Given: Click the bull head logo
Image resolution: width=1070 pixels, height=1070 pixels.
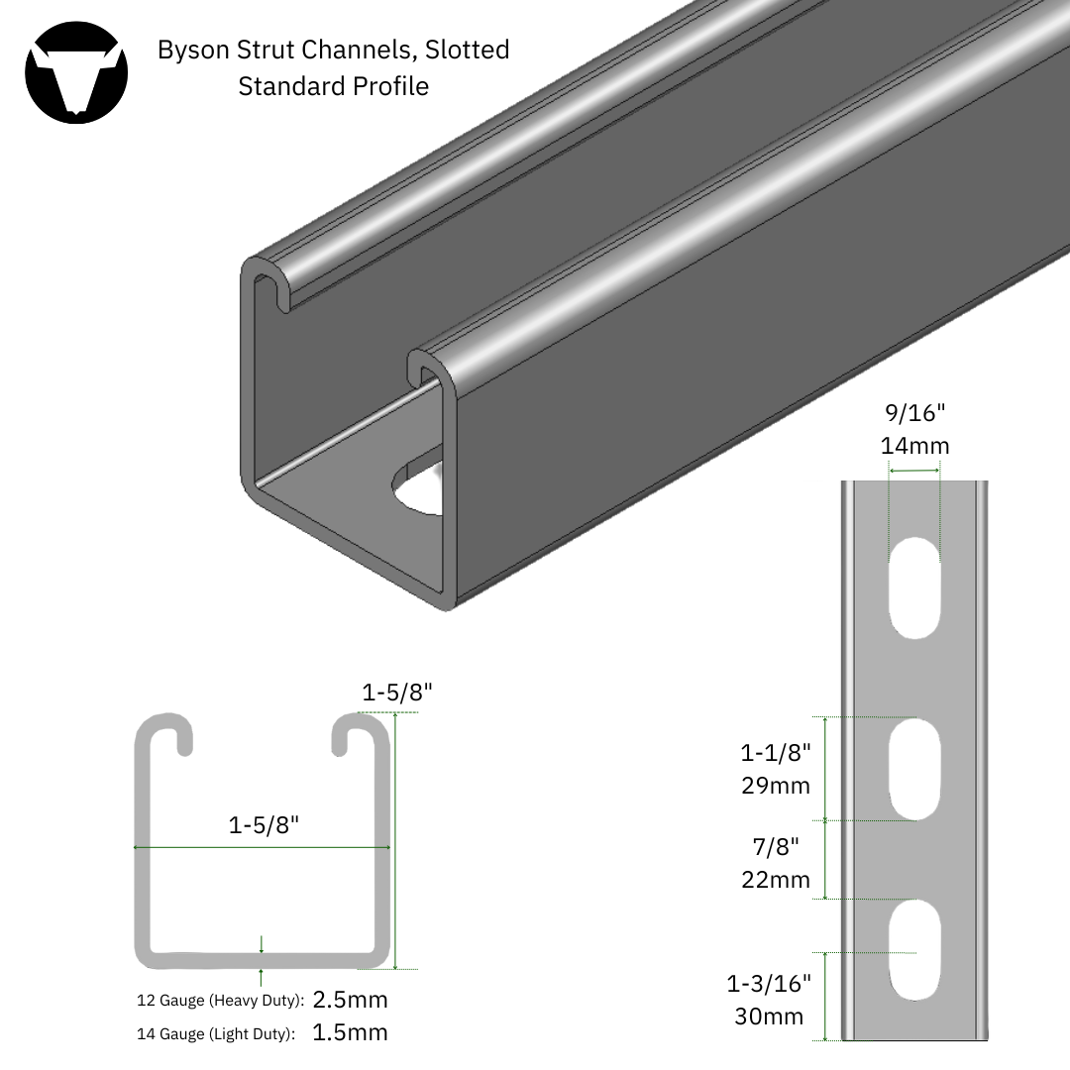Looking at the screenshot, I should pos(76,72).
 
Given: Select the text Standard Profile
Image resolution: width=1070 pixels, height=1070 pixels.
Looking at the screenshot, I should pos(333,86).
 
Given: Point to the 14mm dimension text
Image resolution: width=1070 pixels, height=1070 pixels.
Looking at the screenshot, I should pos(914,446).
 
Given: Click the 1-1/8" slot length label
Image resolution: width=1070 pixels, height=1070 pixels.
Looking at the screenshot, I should pos(776,752).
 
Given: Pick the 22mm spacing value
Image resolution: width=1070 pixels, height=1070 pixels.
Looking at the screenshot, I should pos(776,879).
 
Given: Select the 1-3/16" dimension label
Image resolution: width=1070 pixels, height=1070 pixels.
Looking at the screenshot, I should pos(769,984).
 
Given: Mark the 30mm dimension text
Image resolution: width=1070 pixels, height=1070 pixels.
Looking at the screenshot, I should pos(769,1016).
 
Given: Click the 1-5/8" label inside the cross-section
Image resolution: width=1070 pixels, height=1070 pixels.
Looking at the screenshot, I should pos(263,824).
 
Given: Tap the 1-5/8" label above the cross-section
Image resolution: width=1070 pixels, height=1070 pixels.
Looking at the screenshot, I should pos(396,693).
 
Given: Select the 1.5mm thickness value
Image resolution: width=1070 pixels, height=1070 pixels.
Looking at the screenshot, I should pos(350,1033).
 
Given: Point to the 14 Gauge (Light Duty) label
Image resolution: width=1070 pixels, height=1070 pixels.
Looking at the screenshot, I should pos(215,1034).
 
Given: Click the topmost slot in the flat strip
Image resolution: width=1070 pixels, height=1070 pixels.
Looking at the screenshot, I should pos(914,587).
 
